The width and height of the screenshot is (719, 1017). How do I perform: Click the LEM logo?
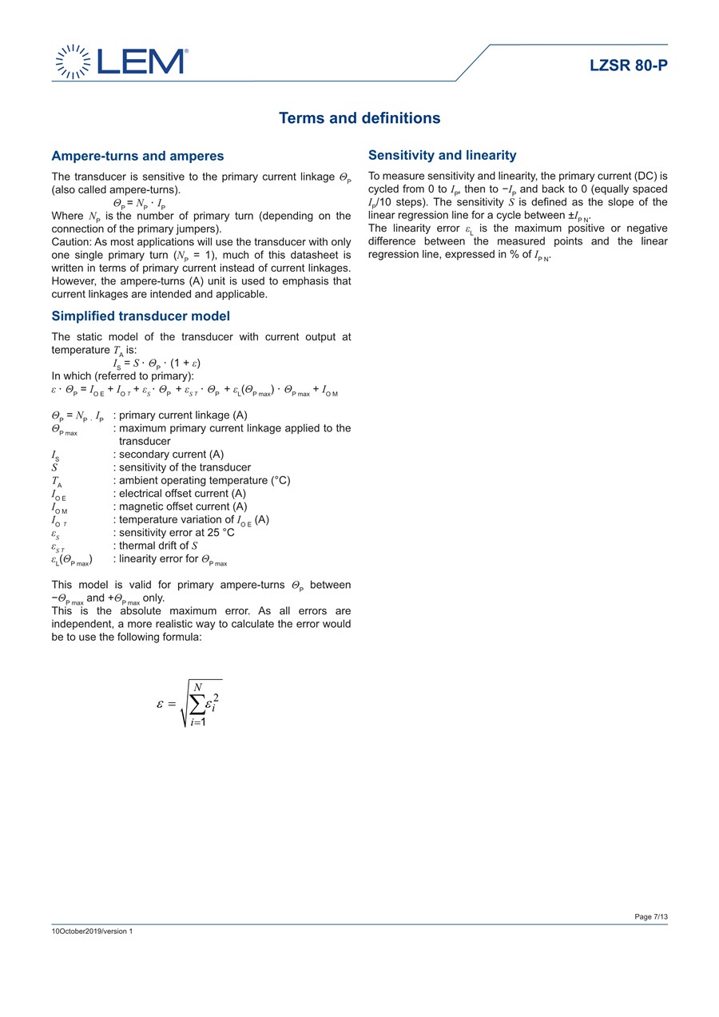pos(121,62)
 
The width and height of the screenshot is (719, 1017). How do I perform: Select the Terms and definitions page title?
pos(359,118)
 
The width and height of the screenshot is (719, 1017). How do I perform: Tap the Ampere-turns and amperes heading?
pos(137,156)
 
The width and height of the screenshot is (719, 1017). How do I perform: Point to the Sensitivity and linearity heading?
pos(442,155)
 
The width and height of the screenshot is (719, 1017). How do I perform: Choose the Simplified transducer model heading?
pos(141,316)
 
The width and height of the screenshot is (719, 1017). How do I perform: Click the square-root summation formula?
pos(190,703)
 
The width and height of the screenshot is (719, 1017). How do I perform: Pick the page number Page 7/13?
pos(651,916)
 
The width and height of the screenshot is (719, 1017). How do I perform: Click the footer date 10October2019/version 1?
pos(92,931)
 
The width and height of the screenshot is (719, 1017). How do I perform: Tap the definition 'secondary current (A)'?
pos(171,455)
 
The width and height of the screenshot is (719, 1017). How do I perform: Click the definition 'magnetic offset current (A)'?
pos(183,507)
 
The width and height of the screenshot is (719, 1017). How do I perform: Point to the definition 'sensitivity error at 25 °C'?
pos(177,533)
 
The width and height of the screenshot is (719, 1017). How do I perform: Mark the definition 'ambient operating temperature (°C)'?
pos(205,480)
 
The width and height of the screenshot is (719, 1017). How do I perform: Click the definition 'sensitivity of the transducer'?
pos(185,467)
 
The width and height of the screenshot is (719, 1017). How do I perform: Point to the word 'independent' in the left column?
pos(81,624)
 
